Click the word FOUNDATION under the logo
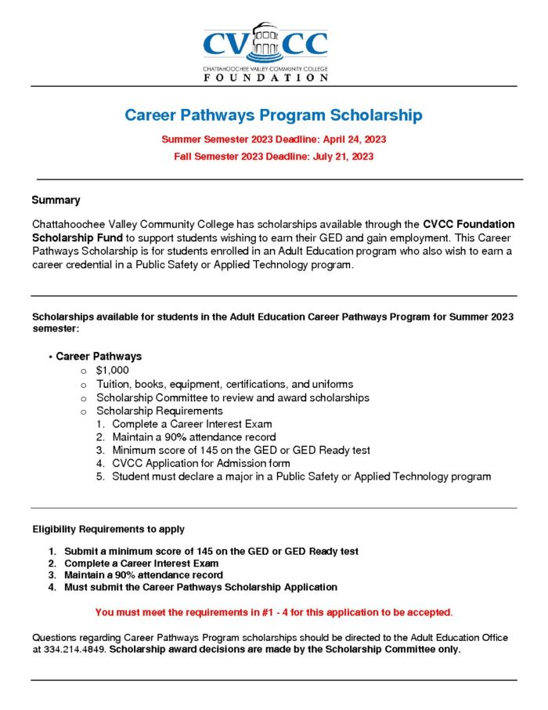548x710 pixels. (x=265, y=78)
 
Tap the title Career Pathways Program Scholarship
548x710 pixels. (x=273, y=115)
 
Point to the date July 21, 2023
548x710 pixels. (x=337, y=156)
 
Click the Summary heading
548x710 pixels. (x=56, y=200)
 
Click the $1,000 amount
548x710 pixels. (x=113, y=370)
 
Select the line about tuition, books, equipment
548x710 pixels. (x=225, y=384)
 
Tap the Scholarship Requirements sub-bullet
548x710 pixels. (x=160, y=411)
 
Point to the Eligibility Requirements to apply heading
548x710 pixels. (x=109, y=529)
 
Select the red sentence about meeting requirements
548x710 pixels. (x=274, y=611)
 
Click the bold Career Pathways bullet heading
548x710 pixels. (x=99, y=356)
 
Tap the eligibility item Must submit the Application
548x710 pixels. (x=200, y=587)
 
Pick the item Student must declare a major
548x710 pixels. (x=301, y=476)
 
